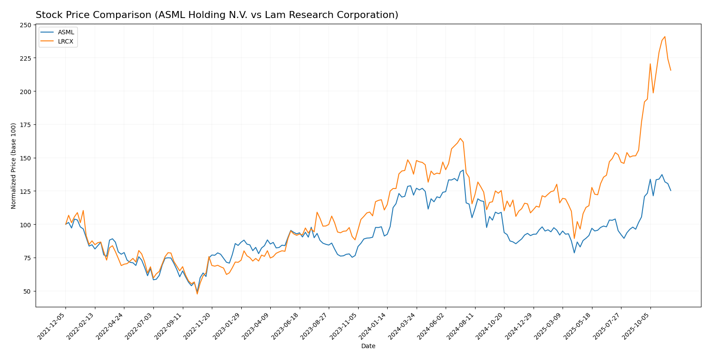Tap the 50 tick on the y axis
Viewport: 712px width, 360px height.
[28, 291]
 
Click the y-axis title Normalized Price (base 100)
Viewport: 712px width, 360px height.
[14, 166]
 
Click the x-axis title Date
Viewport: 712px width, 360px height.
[368, 346]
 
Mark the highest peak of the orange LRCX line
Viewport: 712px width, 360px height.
[665, 36]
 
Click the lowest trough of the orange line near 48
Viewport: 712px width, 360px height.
[197, 294]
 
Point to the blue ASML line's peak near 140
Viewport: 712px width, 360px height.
[463, 170]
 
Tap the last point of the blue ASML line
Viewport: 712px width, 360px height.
[671, 190]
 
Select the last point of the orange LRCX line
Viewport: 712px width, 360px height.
[671, 70]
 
